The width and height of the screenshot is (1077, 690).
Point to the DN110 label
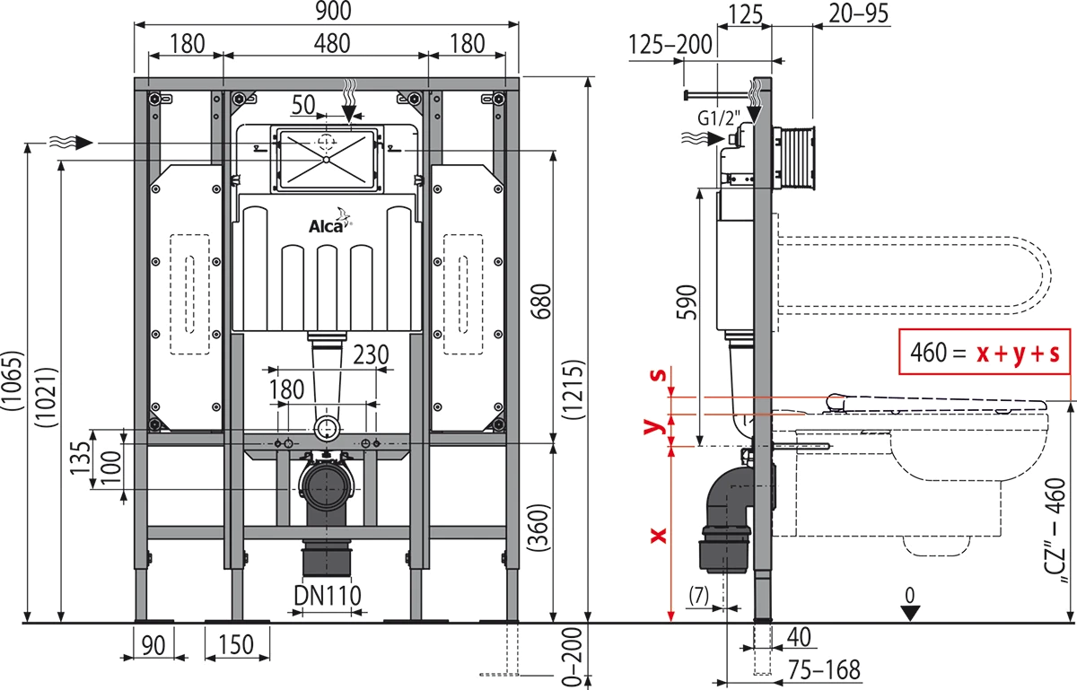pos(326,594)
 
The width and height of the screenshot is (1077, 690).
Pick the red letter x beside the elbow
pos(658,535)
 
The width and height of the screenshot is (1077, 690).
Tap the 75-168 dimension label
pos(824,670)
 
